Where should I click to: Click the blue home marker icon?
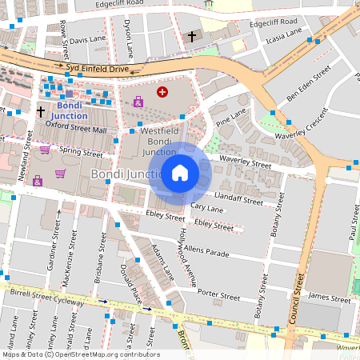click(180, 172)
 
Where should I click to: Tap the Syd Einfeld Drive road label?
click(97, 70)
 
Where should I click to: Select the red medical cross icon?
click(162, 93)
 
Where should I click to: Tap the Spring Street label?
click(81, 152)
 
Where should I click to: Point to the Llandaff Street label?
click(239, 198)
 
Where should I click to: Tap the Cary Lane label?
click(207, 208)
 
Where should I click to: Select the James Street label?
click(330, 298)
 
